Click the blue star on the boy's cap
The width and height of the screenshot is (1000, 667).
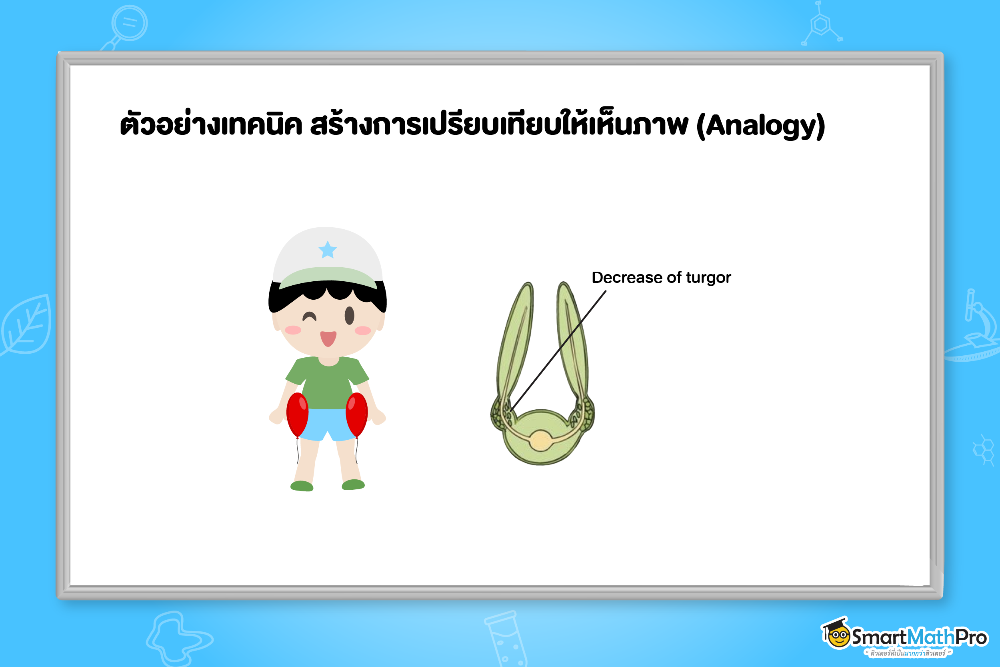pos(327,250)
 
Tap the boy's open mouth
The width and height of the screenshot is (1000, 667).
pos(328,338)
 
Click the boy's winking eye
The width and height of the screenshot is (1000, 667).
pos(309,317)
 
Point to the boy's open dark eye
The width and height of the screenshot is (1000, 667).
pos(350,315)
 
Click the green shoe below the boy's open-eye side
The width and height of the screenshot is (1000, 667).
pos(353,485)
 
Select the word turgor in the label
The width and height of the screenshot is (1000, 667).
pos(708,278)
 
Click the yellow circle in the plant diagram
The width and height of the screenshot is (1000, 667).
pos(540,441)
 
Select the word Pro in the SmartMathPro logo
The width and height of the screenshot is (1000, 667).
pos(971,637)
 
